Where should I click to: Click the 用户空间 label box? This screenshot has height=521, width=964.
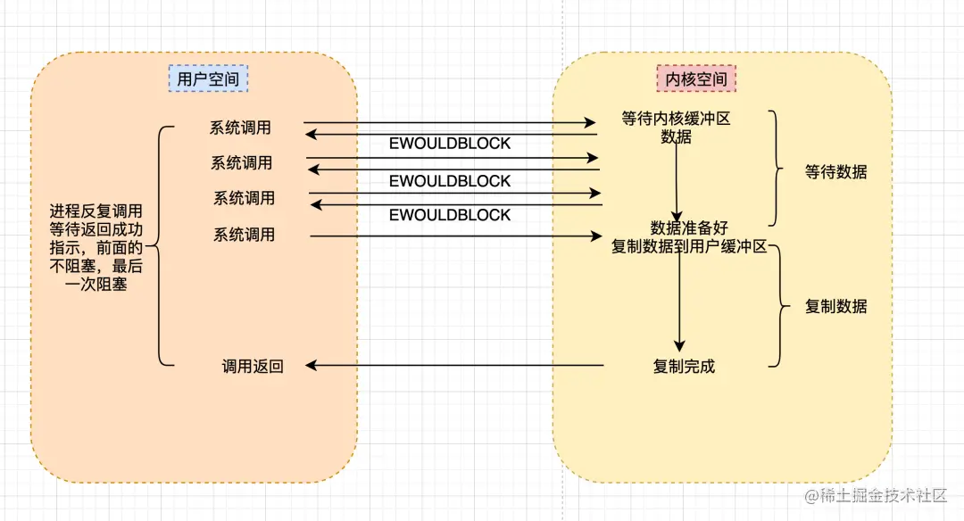[x=208, y=79]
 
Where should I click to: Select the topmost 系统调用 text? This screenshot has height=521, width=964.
[x=240, y=128]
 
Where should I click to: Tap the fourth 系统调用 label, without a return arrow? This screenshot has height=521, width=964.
[x=244, y=236]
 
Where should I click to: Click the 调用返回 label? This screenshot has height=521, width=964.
[x=253, y=366]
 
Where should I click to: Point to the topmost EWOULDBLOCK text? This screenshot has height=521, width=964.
[x=450, y=145]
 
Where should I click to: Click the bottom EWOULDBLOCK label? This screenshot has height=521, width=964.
[x=450, y=215]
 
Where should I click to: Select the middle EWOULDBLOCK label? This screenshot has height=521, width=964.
[x=450, y=181]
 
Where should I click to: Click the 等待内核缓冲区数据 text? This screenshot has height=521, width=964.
[x=676, y=127]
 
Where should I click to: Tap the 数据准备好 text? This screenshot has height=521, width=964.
[x=689, y=228]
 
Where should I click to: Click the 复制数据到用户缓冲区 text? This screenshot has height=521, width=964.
[x=689, y=247]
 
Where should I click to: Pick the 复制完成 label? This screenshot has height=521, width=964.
[x=684, y=366]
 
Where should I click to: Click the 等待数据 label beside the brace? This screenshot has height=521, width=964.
[x=835, y=172]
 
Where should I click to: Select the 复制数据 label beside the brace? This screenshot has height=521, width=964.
[x=835, y=306]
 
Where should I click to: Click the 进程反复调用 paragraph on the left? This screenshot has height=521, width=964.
[x=96, y=247]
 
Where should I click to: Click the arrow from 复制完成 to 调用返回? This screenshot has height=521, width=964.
[x=455, y=365]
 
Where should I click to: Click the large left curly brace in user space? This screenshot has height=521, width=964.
[x=157, y=245]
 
